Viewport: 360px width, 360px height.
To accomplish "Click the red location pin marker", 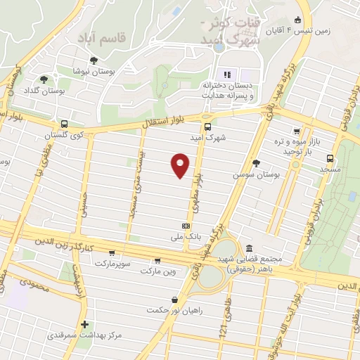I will tap(181, 165).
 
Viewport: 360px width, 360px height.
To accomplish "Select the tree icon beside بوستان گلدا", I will tap(44, 80).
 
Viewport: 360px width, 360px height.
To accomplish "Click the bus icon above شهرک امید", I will tap(207, 127).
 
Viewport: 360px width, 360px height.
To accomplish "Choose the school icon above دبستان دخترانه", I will tap(226, 75).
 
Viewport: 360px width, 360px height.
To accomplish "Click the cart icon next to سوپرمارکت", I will tap(112, 254).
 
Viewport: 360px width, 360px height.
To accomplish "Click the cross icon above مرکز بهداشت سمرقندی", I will tap(84, 325).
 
